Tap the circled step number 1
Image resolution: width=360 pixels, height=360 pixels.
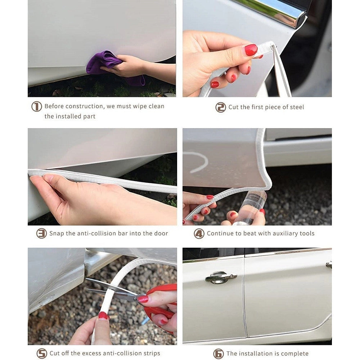(x=36, y=107)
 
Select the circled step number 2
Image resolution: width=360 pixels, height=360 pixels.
(x=221, y=107)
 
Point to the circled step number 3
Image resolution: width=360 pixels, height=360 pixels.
(x=41, y=233)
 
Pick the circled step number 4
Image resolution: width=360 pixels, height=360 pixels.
(x=199, y=234)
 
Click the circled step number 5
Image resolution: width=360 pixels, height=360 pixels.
(x=42, y=354)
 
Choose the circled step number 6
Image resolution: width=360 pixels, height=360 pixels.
(x=219, y=354)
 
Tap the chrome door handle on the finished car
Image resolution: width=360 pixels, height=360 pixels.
(x=221, y=277)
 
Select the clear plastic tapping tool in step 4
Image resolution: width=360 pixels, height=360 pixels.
(x=250, y=207)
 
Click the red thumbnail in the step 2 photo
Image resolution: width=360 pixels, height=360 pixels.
(x=251, y=50)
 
